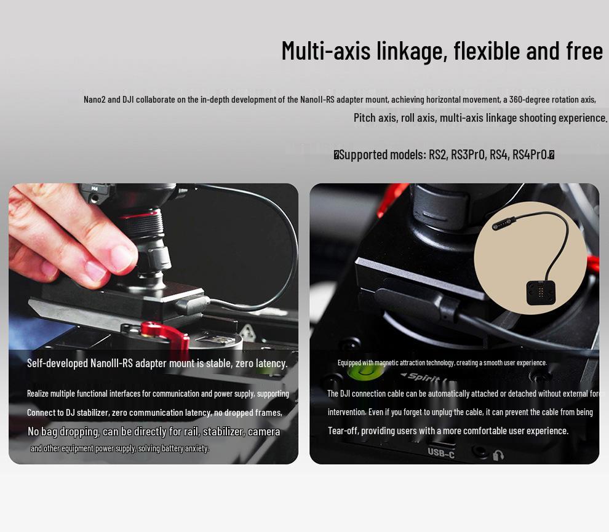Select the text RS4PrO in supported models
coord(530,154)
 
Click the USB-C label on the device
coord(441,453)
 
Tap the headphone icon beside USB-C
coord(498,455)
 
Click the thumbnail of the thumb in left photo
coord(122,257)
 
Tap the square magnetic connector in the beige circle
coord(539,293)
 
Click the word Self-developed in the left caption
coord(57,363)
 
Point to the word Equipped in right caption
coord(349,363)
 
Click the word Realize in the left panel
coord(38,394)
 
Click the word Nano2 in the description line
coord(94,99)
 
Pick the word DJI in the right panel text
coord(349,394)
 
